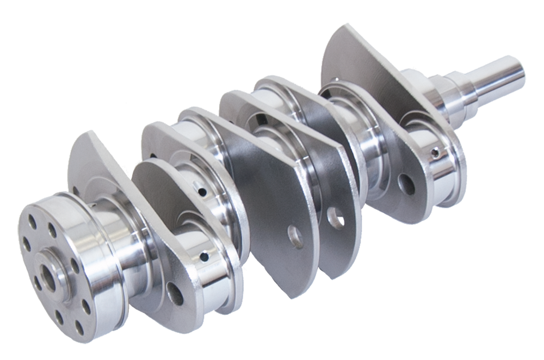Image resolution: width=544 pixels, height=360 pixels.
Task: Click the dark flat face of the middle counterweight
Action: pyautogui.click(x=256, y=179)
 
